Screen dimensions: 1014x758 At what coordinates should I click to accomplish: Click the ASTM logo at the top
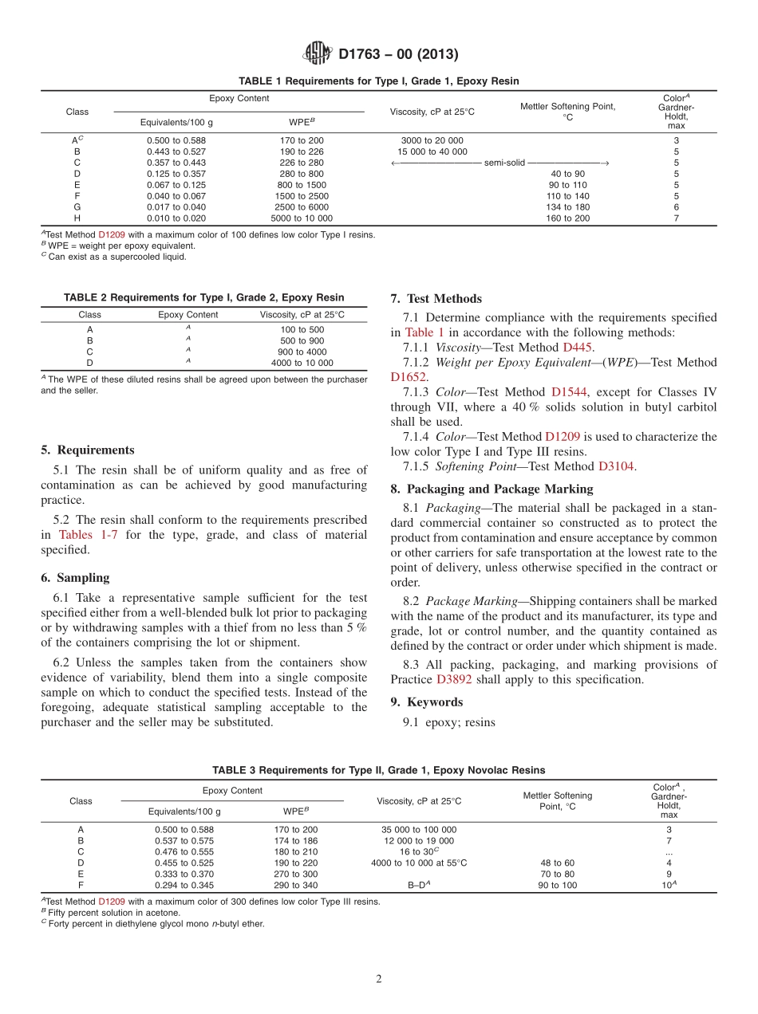[x=317, y=54]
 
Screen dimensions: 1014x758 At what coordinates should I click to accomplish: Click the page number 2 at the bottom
[x=379, y=979]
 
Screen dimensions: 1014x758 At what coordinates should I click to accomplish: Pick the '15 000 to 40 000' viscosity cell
[x=432, y=151]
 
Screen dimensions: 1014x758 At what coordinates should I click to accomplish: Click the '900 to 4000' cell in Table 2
[x=302, y=352]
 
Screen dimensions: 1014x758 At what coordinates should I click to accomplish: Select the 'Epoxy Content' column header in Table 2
[x=188, y=315]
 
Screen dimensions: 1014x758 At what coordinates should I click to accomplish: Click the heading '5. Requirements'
[x=88, y=450]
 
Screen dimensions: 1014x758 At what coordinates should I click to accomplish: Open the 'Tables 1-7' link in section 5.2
[x=89, y=535]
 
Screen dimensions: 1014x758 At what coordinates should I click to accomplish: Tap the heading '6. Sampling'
[x=75, y=578]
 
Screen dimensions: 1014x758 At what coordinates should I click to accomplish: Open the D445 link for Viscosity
[x=578, y=348]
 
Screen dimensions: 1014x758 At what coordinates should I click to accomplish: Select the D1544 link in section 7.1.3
[x=570, y=392]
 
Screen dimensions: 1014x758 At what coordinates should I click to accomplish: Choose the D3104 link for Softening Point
[x=616, y=466]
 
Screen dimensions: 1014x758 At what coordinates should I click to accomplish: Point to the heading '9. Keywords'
[x=426, y=702]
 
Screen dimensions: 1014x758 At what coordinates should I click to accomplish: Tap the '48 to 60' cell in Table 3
[x=556, y=863]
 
